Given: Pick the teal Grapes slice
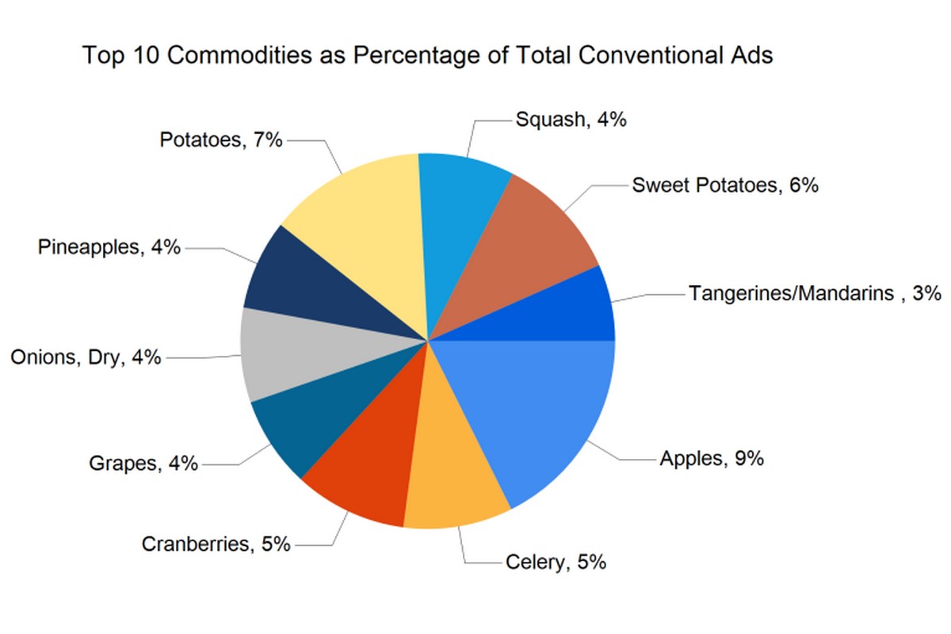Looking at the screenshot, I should [309, 412].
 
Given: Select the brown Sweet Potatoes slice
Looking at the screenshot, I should [531, 246].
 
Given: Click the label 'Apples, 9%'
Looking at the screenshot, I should [711, 459].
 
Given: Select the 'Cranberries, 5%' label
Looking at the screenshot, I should [216, 544].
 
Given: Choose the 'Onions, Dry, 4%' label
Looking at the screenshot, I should [86, 357].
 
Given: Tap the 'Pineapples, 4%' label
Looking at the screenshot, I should [109, 247].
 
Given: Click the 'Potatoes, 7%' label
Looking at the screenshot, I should [221, 140].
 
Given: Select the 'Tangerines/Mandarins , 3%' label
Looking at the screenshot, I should [815, 293].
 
